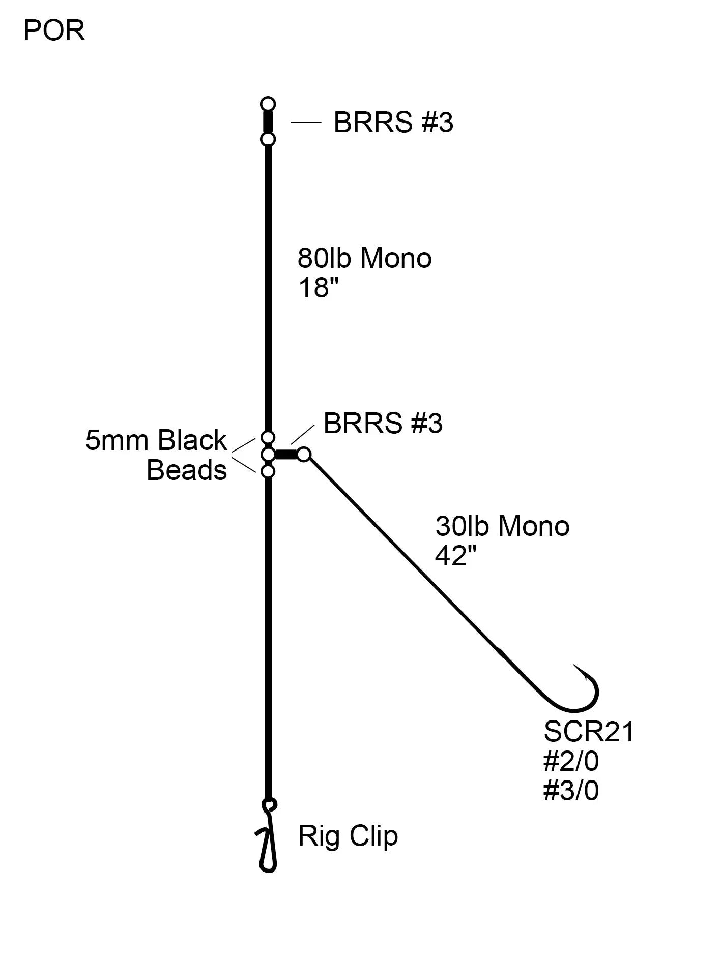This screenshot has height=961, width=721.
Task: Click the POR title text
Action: point(54,31)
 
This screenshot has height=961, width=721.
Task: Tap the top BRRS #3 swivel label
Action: point(393,123)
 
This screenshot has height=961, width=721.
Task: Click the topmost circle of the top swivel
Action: point(268,104)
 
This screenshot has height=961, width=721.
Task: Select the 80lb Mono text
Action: point(364,258)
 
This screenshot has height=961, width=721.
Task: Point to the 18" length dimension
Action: point(318,288)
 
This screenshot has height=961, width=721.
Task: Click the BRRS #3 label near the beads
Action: point(383,423)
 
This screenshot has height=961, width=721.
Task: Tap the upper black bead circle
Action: point(268,437)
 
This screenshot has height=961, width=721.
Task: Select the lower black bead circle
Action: point(268,472)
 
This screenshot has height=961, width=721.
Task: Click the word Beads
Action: point(187,470)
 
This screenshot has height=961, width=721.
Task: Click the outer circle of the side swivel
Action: point(304,454)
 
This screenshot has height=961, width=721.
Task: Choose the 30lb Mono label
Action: point(502,526)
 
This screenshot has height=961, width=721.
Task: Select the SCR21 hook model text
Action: point(589,732)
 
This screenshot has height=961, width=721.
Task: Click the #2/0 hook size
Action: point(571,761)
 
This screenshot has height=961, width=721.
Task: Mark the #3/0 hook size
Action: point(571,791)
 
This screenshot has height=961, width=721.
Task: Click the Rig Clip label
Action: point(348,836)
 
